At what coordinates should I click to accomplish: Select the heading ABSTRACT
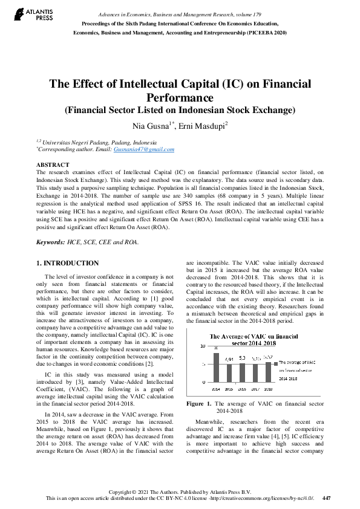53,164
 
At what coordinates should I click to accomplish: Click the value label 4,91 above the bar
229,359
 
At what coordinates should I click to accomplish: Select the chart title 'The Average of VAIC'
254,338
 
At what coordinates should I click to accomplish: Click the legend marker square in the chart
276,363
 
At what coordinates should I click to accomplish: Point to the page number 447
327,498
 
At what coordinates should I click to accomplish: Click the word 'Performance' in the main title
180,97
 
